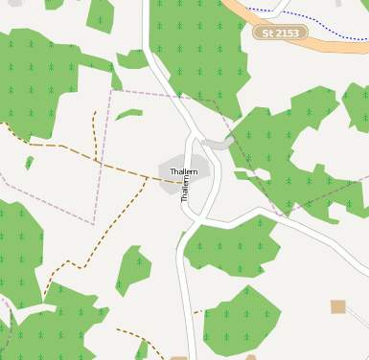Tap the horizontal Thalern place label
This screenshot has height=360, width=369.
(183, 171)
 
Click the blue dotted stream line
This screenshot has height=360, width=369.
(316, 23)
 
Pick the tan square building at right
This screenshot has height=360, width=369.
(337, 306)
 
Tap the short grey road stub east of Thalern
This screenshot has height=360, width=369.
(219, 144)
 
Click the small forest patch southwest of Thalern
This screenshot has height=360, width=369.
(133, 270)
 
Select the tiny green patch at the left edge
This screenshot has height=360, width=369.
(29, 162)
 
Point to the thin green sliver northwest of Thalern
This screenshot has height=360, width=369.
(129, 114)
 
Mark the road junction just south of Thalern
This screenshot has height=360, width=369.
(197, 223)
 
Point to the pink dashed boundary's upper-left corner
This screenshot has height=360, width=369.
(111, 92)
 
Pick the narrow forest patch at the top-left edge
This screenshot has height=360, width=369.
(100, 14)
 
